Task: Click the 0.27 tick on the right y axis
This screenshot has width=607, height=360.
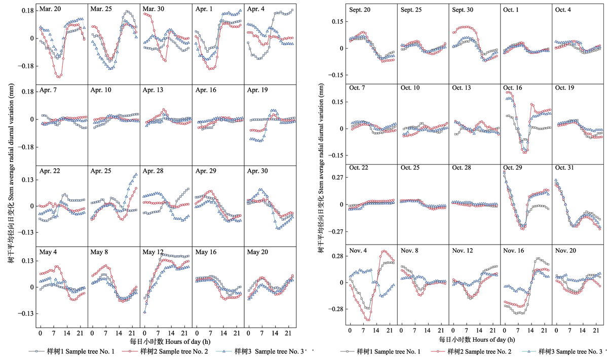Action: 336,177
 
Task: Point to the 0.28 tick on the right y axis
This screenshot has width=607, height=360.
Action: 336,256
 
